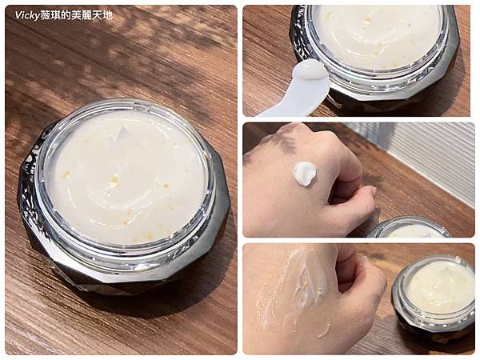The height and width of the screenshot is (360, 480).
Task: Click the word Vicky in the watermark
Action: [27, 15]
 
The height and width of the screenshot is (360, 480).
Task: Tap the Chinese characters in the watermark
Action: [76, 15]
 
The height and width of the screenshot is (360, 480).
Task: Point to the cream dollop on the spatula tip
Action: [309, 69]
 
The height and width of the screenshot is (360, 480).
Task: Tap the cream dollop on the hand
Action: [305, 173]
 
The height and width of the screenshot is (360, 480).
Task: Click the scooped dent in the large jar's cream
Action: [122, 133]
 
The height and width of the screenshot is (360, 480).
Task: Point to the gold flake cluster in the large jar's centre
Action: [114, 181]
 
